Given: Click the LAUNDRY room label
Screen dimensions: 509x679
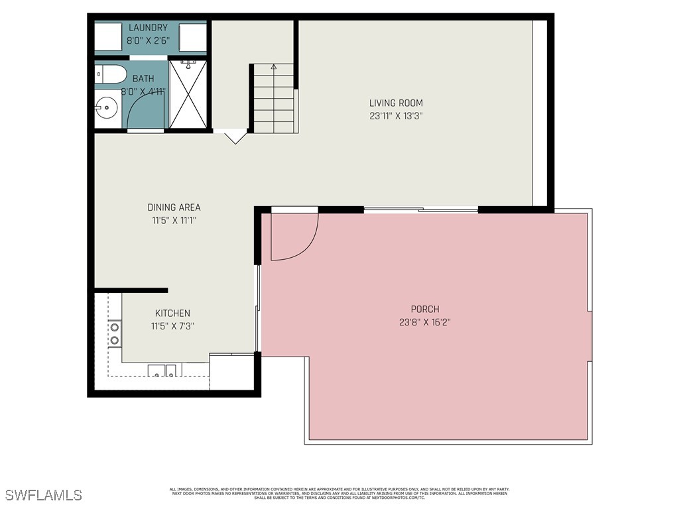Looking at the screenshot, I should tap(148, 28).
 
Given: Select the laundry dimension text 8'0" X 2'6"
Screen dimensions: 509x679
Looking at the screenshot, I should tap(148, 40).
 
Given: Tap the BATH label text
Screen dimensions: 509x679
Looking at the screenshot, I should tap(143, 79).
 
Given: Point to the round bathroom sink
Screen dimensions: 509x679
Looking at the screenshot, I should tap(105, 106).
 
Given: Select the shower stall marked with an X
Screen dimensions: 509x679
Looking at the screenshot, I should tap(188, 94).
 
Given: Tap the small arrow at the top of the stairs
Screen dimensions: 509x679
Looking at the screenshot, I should tap(274, 67).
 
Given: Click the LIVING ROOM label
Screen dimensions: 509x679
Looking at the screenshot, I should tap(396, 103).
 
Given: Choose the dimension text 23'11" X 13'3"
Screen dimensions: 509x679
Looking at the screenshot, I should tap(396, 115).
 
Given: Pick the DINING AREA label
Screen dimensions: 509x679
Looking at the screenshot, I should tap(174, 207).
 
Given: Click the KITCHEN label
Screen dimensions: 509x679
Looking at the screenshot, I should tap(172, 313).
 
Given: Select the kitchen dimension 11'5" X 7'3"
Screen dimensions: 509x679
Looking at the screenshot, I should tap(172, 326).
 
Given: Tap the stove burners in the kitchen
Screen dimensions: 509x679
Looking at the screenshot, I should tap(115, 333).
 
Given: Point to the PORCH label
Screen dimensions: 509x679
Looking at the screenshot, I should tap(425, 309).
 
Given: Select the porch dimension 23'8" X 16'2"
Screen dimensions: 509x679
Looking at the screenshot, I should tap(425, 322).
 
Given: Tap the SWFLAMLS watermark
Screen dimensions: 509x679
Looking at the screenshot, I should tap(44, 495).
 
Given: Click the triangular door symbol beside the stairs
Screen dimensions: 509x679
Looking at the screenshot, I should tap(234, 137).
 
